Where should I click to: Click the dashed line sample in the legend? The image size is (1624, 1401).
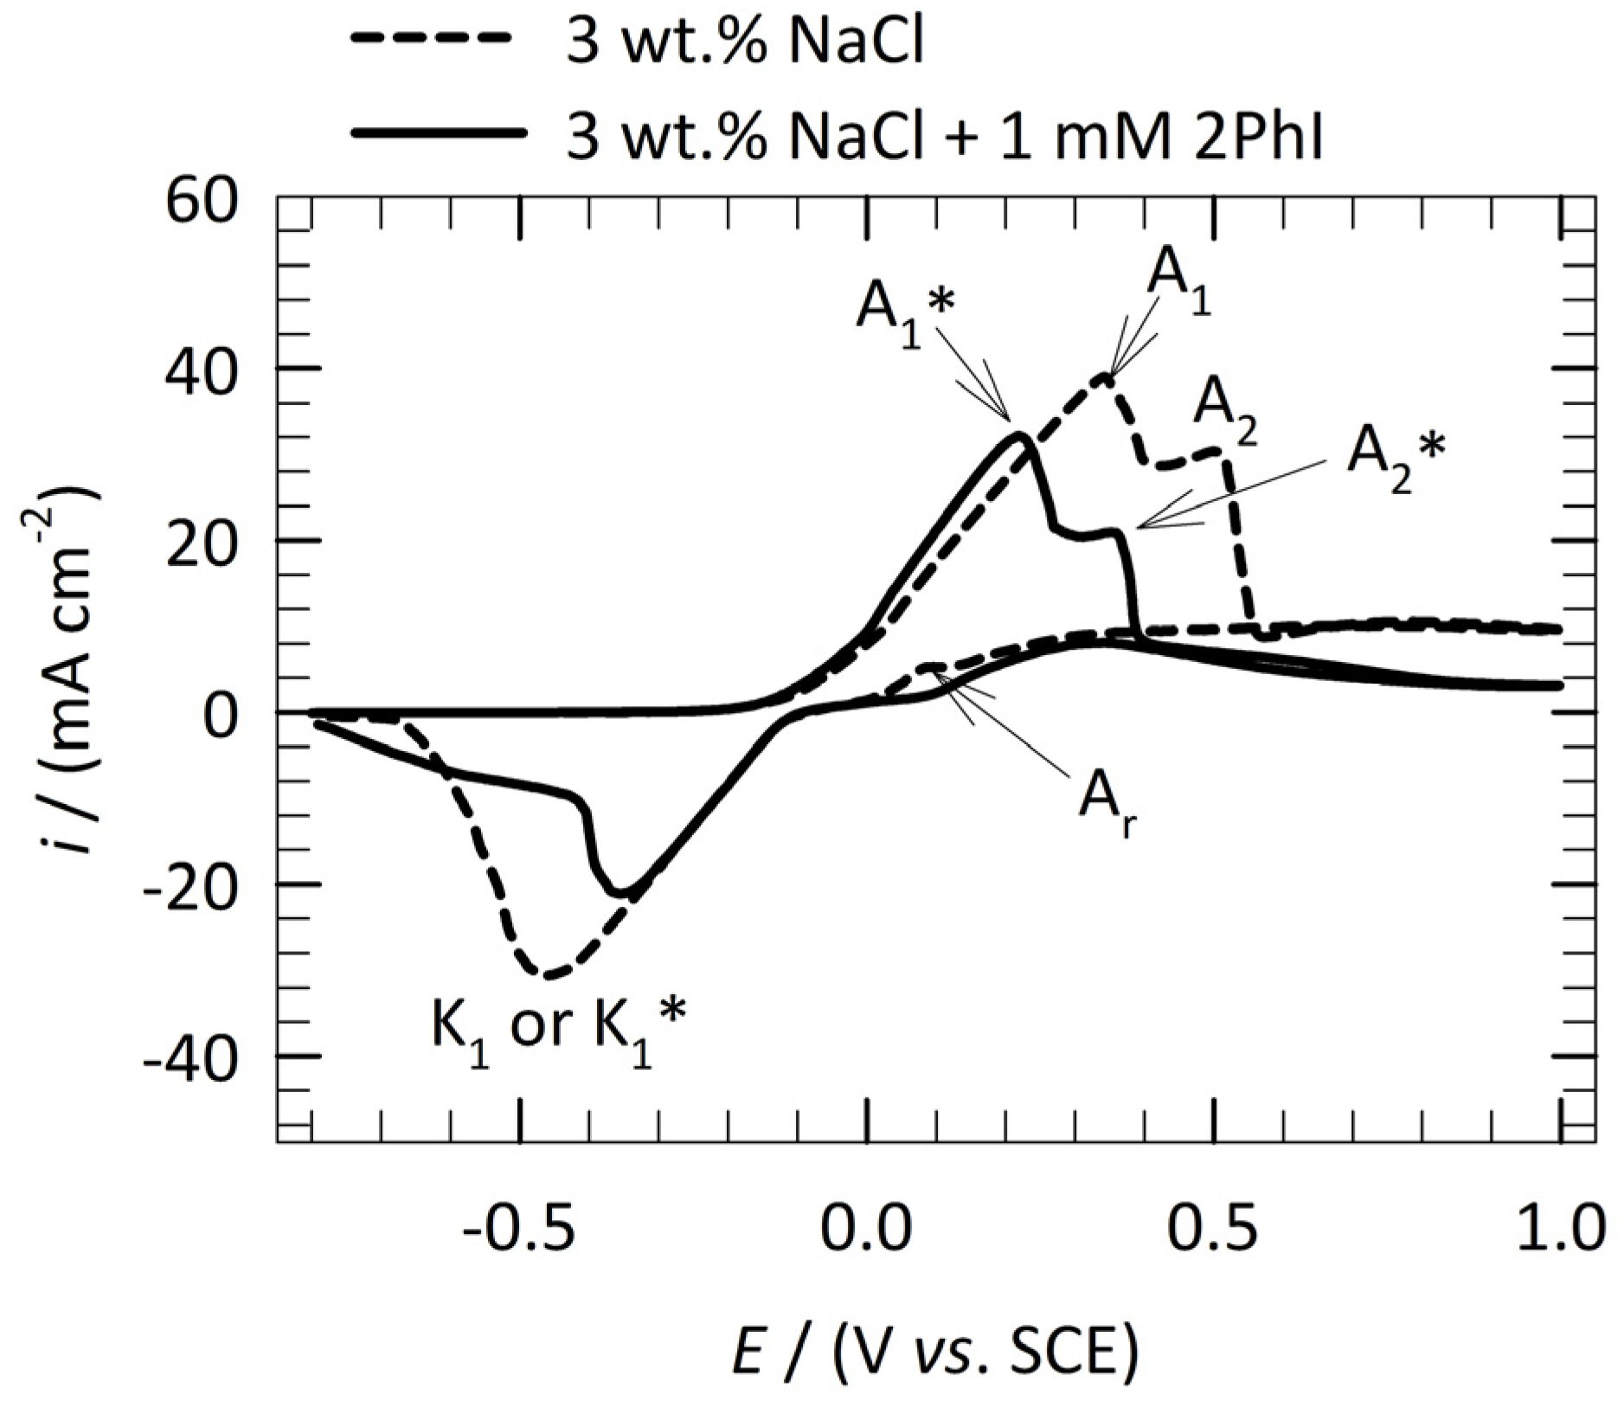click(439, 39)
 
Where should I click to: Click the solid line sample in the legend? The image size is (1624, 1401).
click(439, 132)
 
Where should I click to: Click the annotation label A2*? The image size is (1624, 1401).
click(1396, 456)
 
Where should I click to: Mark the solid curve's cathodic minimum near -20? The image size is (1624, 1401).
click(620, 893)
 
